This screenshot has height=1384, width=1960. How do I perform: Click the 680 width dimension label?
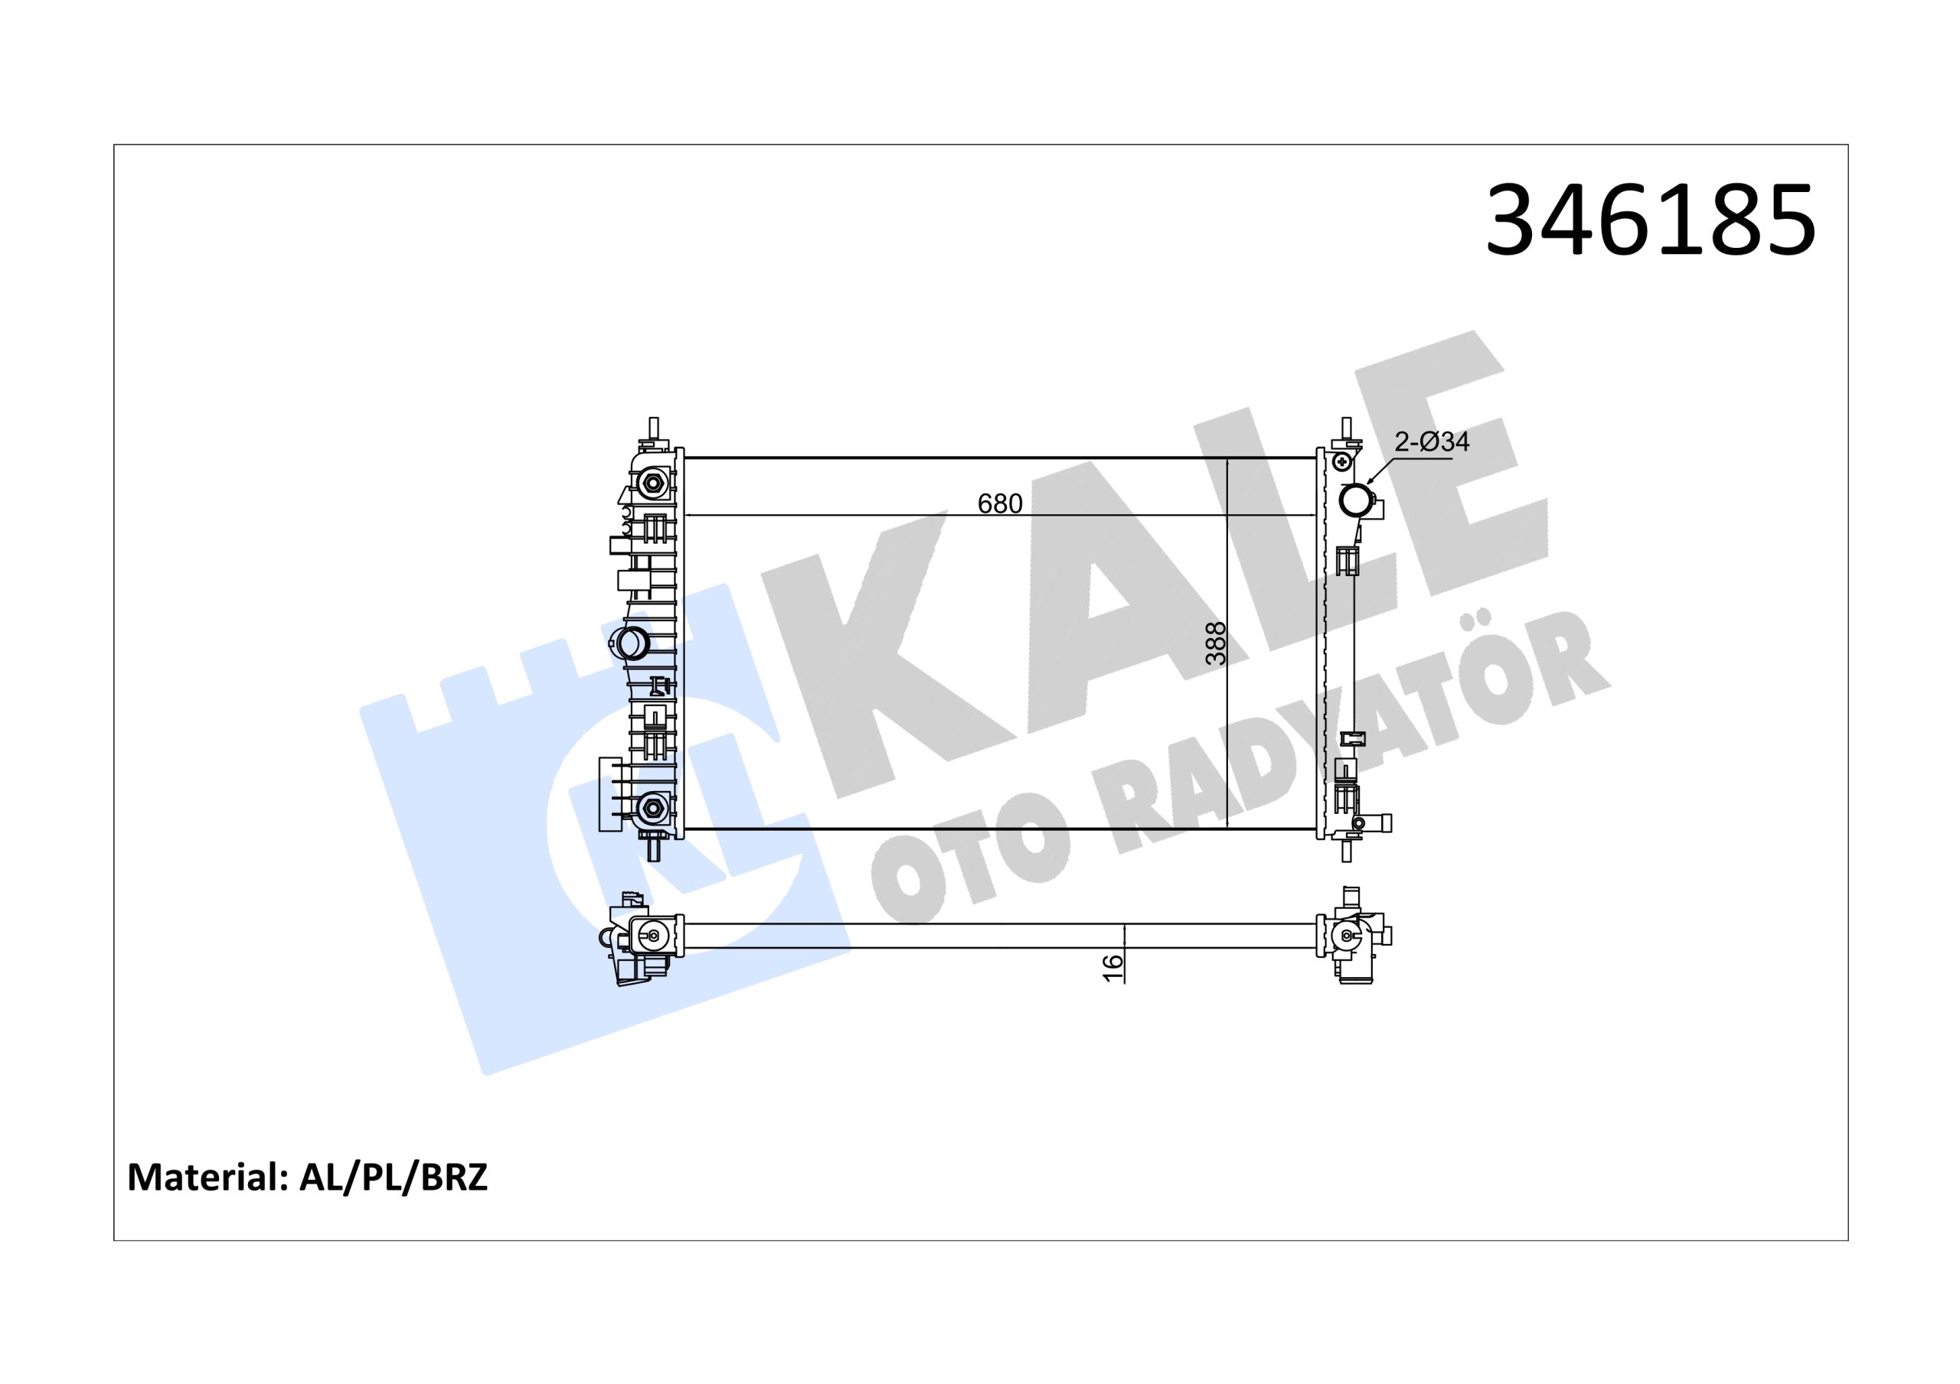(1000, 504)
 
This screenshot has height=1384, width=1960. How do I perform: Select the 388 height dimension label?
(1216, 643)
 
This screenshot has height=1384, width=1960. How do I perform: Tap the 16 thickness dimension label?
(1112, 968)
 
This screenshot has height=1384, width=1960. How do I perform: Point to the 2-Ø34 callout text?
(1432, 442)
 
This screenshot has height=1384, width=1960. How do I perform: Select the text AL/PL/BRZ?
(394, 1177)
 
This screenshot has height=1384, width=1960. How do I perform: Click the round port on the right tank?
(1354, 501)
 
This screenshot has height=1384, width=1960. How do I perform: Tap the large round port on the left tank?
(632, 643)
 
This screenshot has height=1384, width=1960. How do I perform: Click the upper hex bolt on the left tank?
(653, 484)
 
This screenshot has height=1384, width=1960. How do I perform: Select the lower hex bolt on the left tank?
(653, 805)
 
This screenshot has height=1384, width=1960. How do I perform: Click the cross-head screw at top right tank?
(1343, 462)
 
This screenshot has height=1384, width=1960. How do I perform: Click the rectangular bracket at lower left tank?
(610, 793)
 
